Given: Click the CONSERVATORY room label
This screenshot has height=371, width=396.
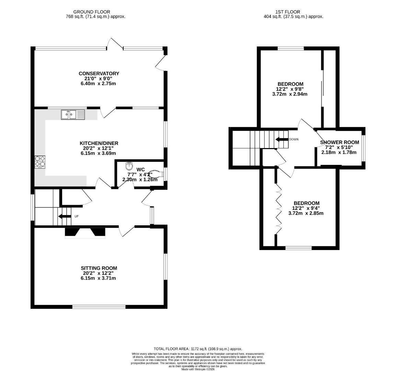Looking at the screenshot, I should pos(99,74).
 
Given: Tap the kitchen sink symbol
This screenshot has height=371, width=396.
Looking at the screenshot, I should pos(73,114).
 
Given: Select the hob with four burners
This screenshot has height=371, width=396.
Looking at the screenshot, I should pos(40,162).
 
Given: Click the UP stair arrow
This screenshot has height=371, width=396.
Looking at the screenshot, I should pos(65,216).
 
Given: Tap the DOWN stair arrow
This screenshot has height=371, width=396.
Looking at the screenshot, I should pos(282,139).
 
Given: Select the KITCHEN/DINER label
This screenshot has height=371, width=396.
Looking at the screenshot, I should pos(99,143).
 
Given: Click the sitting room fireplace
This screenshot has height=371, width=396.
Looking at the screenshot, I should pos(85,233).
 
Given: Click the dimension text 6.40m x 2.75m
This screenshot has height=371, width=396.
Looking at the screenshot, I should pos(99,83).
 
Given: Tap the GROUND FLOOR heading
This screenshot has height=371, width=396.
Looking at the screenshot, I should pos(92,12).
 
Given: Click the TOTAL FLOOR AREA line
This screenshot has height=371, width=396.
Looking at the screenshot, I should pos(198,349).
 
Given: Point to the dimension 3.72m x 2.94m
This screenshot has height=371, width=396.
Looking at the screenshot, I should pos(290,94).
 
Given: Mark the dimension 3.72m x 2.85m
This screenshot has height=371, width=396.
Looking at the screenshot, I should pos(306,213).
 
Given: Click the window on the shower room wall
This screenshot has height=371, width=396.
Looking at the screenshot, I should pos(364,148).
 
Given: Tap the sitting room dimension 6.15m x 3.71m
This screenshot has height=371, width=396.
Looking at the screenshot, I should pos(99,278).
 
